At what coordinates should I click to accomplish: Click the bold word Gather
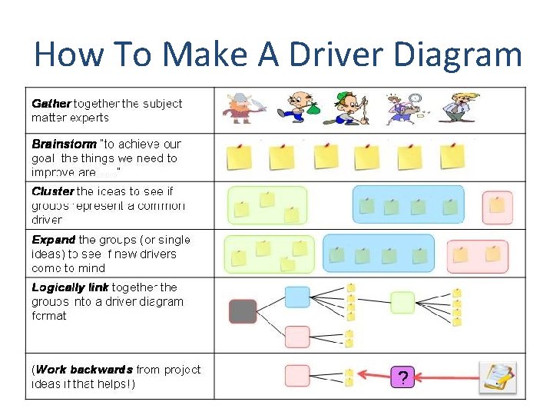[x=51, y=103]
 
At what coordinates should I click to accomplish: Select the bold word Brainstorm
[x=65, y=144]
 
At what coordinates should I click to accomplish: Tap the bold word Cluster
[x=53, y=191]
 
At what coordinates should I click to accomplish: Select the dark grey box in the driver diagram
[x=243, y=311]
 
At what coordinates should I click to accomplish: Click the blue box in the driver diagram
[x=296, y=296]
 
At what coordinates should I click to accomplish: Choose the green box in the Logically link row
[x=402, y=302]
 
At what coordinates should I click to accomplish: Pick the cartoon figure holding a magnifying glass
[x=404, y=108]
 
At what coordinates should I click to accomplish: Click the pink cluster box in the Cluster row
[x=497, y=205]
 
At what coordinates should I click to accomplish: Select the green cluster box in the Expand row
[x=269, y=254]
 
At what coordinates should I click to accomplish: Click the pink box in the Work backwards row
[x=297, y=376]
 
